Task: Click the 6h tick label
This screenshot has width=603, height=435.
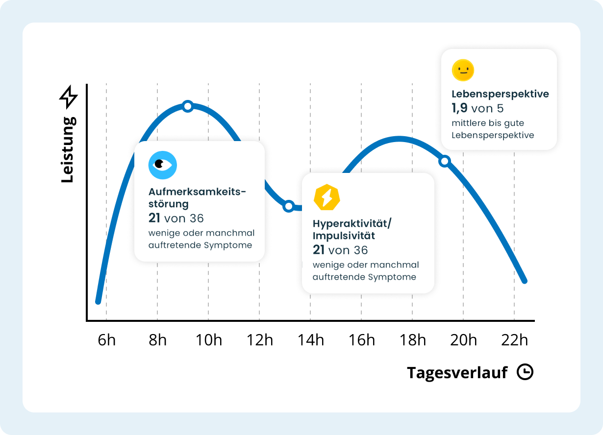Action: [106, 339]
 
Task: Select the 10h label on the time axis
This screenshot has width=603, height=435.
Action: [208, 339]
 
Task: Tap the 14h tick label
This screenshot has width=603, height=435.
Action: [310, 339]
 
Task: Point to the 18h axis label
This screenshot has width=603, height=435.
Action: [412, 339]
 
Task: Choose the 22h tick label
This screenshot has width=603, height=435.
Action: [514, 339]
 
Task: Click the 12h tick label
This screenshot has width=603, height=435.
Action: [259, 339]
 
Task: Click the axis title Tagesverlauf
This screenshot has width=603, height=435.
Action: [457, 373]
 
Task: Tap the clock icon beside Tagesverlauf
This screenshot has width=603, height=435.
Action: [525, 372]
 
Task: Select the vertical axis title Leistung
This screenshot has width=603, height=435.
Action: [68, 150]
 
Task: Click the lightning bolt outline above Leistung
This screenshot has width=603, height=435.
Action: [68, 97]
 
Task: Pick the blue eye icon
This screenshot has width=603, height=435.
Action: [162, 165]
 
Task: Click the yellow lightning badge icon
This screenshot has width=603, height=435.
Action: [327, 197]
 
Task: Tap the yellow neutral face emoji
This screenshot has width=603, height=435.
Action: [462, 70]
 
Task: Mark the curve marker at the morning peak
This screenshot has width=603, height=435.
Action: [187, 106]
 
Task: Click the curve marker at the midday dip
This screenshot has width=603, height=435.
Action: [289, 206]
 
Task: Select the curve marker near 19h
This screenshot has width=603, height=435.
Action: [445, 161]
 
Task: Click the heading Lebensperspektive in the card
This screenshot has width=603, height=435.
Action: [500, 94]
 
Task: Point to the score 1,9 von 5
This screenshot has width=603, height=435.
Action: [477, 108]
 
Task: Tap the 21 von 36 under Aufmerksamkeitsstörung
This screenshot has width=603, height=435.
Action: [176, 218]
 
